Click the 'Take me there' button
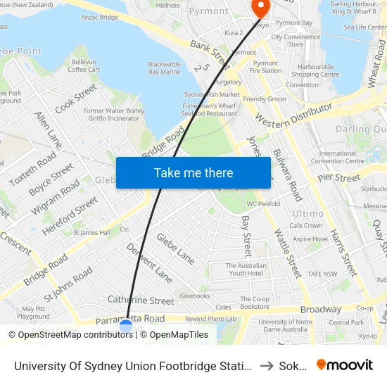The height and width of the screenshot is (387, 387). tap(193, 173)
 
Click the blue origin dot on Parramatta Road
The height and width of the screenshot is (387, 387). tap(126, 326)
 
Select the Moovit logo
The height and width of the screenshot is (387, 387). tap(345, 365)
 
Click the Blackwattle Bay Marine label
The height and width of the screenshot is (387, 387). tap(165, 68)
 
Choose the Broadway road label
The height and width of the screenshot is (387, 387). tap(321, 309)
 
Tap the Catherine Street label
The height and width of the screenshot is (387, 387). tap(141, 300)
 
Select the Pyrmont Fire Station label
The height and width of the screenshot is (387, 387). tap(266, 67)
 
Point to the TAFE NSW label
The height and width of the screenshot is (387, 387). tap(322, 274)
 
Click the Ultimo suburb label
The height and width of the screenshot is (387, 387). tap(308, 213)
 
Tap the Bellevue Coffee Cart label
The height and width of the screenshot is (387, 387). tap(84, 65)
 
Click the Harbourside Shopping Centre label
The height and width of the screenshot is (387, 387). tap(315, 70)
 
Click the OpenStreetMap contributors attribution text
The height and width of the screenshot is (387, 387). tap(70, 335)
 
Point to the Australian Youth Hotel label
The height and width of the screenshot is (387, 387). tap(244, 269)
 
